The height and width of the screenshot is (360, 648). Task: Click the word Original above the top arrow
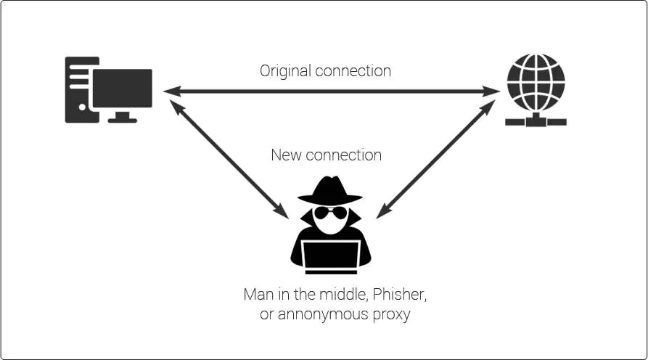point(284,71)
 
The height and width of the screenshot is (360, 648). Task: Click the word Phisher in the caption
point(411,295)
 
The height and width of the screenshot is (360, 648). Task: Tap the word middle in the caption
point(350,295)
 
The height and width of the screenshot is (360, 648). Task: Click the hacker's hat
point(330,190)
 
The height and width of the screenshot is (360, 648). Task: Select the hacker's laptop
point(330,255)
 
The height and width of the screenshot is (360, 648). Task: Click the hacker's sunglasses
point(330,213)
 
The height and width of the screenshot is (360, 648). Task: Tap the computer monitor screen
point(123,88)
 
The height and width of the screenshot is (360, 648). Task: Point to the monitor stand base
point(122,119)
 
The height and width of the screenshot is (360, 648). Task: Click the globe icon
point(536,81)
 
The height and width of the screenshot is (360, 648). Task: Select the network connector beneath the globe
point(536,120)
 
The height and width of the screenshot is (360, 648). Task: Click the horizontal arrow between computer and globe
point(330,91)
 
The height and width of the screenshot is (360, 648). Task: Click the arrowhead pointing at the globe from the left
point(493,91)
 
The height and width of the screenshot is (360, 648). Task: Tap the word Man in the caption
point(258,295)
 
